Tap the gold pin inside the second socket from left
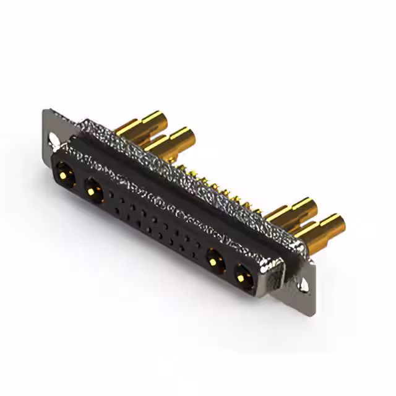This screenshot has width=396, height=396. [94, 192]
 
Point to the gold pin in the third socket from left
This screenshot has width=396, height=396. [214, 261]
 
